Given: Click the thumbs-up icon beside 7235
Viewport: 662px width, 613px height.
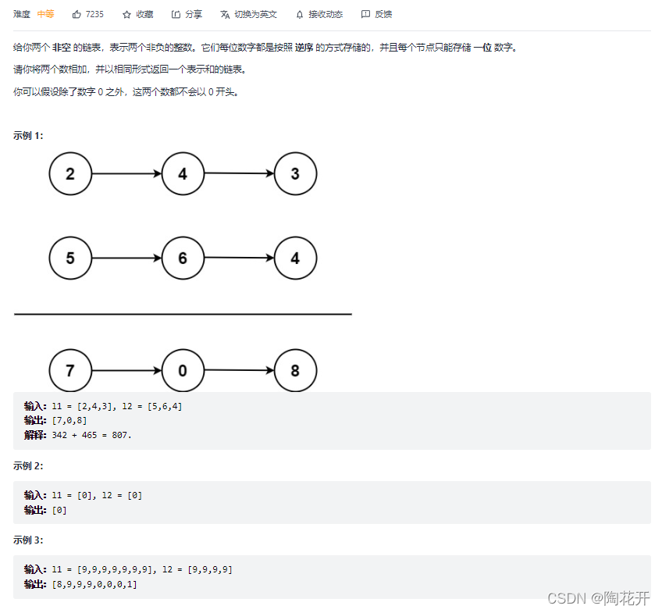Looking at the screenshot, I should (77, 14).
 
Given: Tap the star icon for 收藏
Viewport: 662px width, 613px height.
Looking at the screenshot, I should (126, 14).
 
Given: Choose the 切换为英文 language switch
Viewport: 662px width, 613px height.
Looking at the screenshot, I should (248, 14).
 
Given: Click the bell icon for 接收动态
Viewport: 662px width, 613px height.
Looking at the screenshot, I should (300, 14).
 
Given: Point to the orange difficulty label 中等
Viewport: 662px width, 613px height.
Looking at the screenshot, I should (46, 14).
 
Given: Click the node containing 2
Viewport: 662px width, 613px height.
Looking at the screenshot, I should (70, 174).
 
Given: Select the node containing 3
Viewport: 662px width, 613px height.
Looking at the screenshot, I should (295, 174).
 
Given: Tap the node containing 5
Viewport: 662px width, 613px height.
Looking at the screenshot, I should (70, 258).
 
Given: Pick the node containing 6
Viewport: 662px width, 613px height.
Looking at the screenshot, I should (183, 258).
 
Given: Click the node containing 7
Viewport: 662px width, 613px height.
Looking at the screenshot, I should (70, 370).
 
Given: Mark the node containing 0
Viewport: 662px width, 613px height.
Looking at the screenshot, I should (183, 370).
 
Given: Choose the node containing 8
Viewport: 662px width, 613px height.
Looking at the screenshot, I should (295, 370).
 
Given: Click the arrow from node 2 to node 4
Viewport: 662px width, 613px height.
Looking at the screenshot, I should (126, 174).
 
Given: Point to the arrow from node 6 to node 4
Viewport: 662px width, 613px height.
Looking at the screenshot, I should (239, 258).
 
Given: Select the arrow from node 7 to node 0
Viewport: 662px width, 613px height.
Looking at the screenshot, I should (126, 370).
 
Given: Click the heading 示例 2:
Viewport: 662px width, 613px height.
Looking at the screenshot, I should (28, 465).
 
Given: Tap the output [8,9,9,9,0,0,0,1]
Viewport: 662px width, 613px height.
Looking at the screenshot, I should (94, 584).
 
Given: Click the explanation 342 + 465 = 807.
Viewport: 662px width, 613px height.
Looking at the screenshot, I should (92, 435).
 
